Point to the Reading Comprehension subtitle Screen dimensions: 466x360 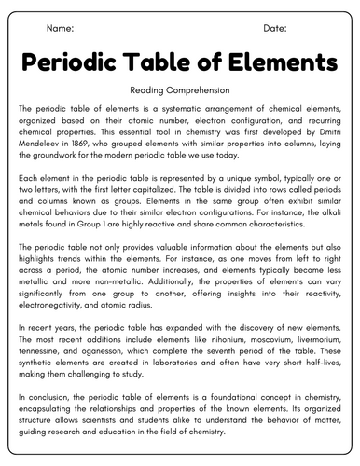coord(179,91)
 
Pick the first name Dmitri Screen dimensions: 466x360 coord(326,132)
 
